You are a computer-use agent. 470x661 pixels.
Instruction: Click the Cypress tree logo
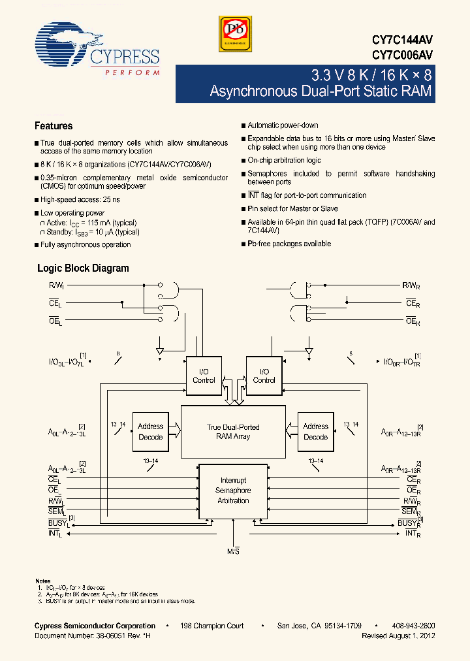[63, 44]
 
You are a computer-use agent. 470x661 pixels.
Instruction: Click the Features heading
[54, 126]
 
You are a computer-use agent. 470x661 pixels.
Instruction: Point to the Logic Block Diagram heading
[83, 268]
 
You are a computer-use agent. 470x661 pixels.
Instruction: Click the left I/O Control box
[204, 376]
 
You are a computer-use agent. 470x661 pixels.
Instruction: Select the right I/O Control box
[264, 376]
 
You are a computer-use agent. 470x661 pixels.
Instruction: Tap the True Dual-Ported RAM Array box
[233, 431]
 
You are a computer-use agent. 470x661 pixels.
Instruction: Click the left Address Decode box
[151, 431]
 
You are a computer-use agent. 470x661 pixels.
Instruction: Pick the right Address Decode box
[315, 431]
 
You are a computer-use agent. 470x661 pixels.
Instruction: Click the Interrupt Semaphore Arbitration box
[233, 491]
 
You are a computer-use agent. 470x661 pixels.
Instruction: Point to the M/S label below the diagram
[233, 553]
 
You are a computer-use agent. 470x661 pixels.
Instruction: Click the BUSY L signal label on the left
[58, 523]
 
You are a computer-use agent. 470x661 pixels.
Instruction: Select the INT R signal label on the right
[412, 534]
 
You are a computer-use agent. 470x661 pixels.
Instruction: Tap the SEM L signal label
[55, 511]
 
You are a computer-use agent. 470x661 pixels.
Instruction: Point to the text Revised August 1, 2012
[398, 636]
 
